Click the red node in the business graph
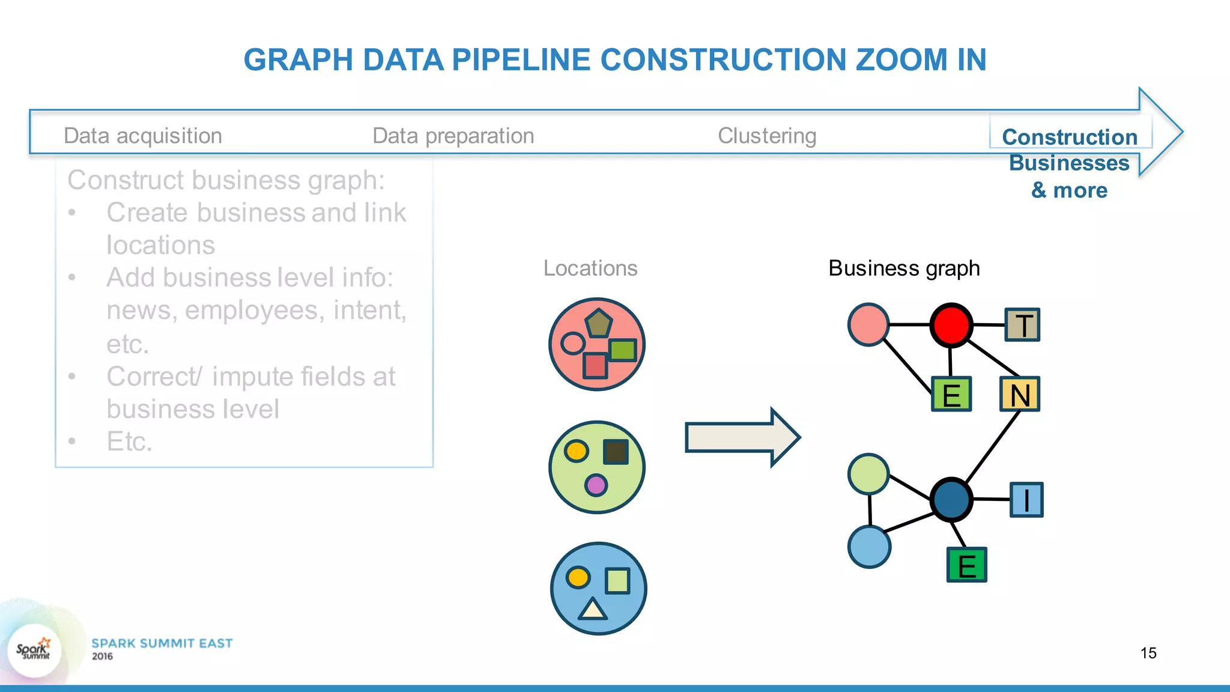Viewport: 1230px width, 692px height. pos(951,325)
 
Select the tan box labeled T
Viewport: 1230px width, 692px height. pos(1022,325)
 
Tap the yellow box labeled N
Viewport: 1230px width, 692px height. pos(1020,394)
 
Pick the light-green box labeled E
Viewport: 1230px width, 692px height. pos(951,394)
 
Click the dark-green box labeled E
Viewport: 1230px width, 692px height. pos(966,565)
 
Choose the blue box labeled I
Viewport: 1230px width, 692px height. pos(1026,500)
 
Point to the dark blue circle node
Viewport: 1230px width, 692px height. pos(951,499)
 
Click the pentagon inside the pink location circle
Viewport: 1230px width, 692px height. pos(599,324)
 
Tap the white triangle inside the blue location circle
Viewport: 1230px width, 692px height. pos(593,609)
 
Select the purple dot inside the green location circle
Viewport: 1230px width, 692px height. pos(596,485)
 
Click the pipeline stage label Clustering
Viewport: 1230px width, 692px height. pos(767,136)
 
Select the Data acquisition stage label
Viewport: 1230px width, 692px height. pos(143,136)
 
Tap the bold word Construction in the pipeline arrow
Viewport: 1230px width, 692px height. pos(1070,137)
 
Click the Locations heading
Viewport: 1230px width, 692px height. pos(590,268)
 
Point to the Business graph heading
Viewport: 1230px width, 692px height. pos(904,268)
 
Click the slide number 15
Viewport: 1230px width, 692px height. pos(1148,653)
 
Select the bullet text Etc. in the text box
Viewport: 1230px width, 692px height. pos(129,442)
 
